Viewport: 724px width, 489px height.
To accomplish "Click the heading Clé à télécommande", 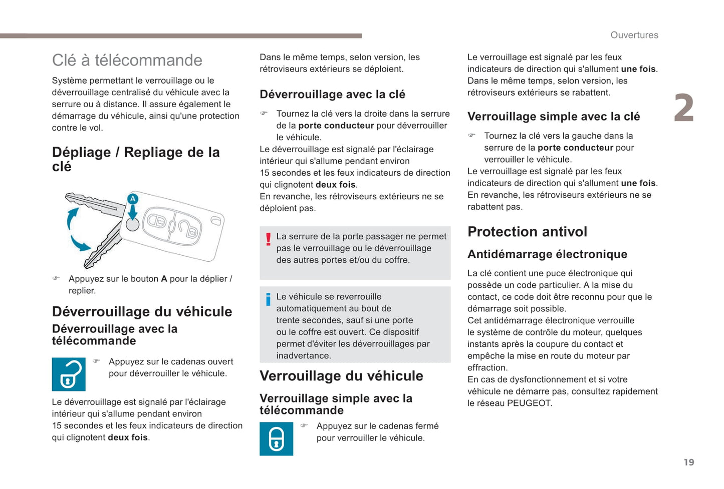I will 127,60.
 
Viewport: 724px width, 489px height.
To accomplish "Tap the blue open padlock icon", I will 69,374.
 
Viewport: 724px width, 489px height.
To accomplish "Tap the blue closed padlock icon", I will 276,439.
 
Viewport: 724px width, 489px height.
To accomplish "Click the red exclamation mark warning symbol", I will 268,239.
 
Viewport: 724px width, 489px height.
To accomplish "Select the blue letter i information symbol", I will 268,299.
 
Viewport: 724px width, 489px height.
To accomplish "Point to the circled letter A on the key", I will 133,199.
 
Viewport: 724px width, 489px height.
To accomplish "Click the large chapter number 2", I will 683,108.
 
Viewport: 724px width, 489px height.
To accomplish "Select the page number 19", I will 689,462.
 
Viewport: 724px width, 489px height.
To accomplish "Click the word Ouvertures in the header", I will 634,35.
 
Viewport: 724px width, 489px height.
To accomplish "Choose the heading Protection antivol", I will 527,232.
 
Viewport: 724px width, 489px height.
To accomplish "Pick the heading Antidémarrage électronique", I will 547,254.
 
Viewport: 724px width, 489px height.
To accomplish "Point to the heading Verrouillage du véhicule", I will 341,376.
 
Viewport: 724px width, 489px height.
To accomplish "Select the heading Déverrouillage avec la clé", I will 332,94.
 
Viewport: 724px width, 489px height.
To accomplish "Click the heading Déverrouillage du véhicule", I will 142,311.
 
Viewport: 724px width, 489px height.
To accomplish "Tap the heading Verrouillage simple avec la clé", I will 554,116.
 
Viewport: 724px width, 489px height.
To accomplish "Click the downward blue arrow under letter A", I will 133,212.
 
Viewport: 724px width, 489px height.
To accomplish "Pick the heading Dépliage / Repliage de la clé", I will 135,159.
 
